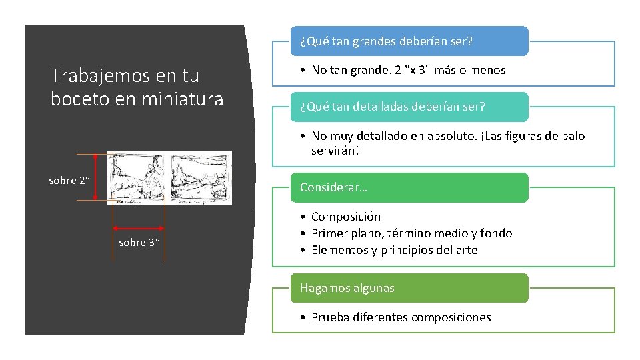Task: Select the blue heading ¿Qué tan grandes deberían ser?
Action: pyautogui.click(x=386, y=41)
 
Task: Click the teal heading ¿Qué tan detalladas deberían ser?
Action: pyautogui.click(x=392, y=107)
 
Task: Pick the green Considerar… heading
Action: pyautogui.click(x=333, y=187)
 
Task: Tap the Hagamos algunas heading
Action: pyautogui.click(x=347, y=288)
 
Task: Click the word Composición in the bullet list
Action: pyautogui.click(x=345, y=217)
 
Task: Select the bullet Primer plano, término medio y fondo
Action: pyautogui.click(x=411, y=233)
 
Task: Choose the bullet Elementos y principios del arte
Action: pyautogui.click(x=394, y=250)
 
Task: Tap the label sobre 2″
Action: pyautogui.click(x=69, y=181)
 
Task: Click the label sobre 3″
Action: pyautogui.click(x=139, y=243)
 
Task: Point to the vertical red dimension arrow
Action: pyautogui.click(x=96, y=177)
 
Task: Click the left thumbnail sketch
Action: pyautogui.click(x=137, y=177)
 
